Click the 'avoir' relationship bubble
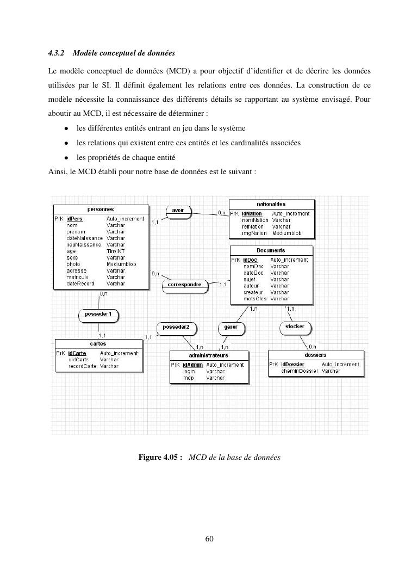click(178, 211)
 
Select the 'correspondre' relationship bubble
click(185, 284)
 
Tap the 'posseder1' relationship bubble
click(98, 314)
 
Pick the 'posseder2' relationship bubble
click(176, 327)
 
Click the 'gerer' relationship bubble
click(230, 327)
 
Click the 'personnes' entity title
click(101, 209)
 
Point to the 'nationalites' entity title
click(271, 204)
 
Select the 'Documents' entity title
click(271, 250)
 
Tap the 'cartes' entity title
click(98, 344)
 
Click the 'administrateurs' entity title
click(210, 355)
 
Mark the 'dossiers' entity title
click(315, 355)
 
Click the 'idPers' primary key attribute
click(74, 219)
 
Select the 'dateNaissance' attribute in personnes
click(84, 238)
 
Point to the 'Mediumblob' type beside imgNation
click(286, 233)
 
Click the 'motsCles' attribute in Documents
click(255, 299)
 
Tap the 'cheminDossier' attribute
click(300, 371)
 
